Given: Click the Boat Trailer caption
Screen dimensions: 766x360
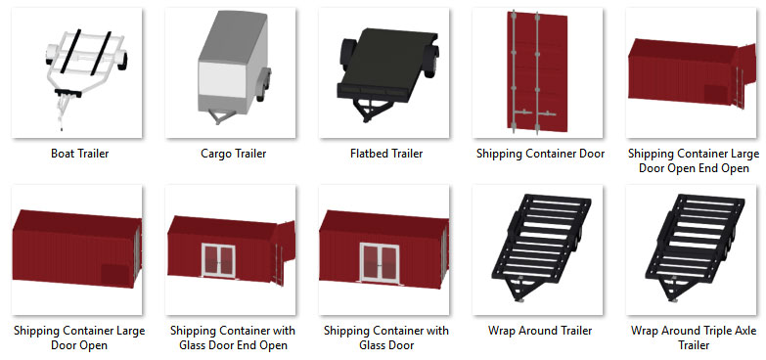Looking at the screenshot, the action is point(79,154).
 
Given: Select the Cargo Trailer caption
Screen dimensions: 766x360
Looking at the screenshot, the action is point(234,154).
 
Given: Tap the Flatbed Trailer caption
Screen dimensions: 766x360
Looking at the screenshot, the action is point(386,154).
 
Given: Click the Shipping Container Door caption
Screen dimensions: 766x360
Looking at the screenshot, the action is point(540,154).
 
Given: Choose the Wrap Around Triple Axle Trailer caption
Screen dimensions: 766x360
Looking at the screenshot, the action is point(694,337).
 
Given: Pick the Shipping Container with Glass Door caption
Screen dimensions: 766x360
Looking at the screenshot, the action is point(386,337).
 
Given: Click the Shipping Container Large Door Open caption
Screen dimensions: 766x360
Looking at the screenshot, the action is point(79,337).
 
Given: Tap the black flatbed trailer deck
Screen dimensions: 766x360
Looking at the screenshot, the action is point(388,61).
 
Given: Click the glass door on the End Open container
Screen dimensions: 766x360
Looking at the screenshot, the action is point(218,260).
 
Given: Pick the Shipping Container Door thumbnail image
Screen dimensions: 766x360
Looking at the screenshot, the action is point(537,72).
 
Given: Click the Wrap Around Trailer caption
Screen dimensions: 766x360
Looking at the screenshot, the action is point(540,331).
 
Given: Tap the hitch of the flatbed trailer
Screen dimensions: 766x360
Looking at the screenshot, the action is point(369,111).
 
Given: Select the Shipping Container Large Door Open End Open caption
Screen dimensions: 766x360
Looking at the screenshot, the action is point(694,160).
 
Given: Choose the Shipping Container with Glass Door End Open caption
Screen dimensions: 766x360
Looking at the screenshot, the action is point(233,337).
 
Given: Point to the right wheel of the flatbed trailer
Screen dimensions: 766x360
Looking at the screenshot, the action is point(430,60).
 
